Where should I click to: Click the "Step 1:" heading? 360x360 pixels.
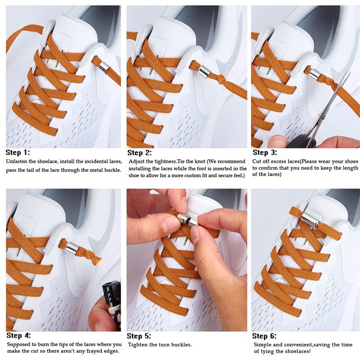tap(18, 153)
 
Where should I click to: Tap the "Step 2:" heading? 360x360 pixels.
tap(140, 153)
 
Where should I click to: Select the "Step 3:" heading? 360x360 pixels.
tap(265, 153)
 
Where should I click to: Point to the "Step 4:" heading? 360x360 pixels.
tap(18, 335)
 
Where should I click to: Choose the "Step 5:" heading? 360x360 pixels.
tap(139, 336)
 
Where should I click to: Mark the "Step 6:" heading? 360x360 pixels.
tap(265, 336)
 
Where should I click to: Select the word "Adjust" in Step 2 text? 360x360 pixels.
tap(137, 161)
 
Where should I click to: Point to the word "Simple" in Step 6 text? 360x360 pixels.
tap(262, 344)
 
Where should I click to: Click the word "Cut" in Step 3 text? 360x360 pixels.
tap(256, 161)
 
